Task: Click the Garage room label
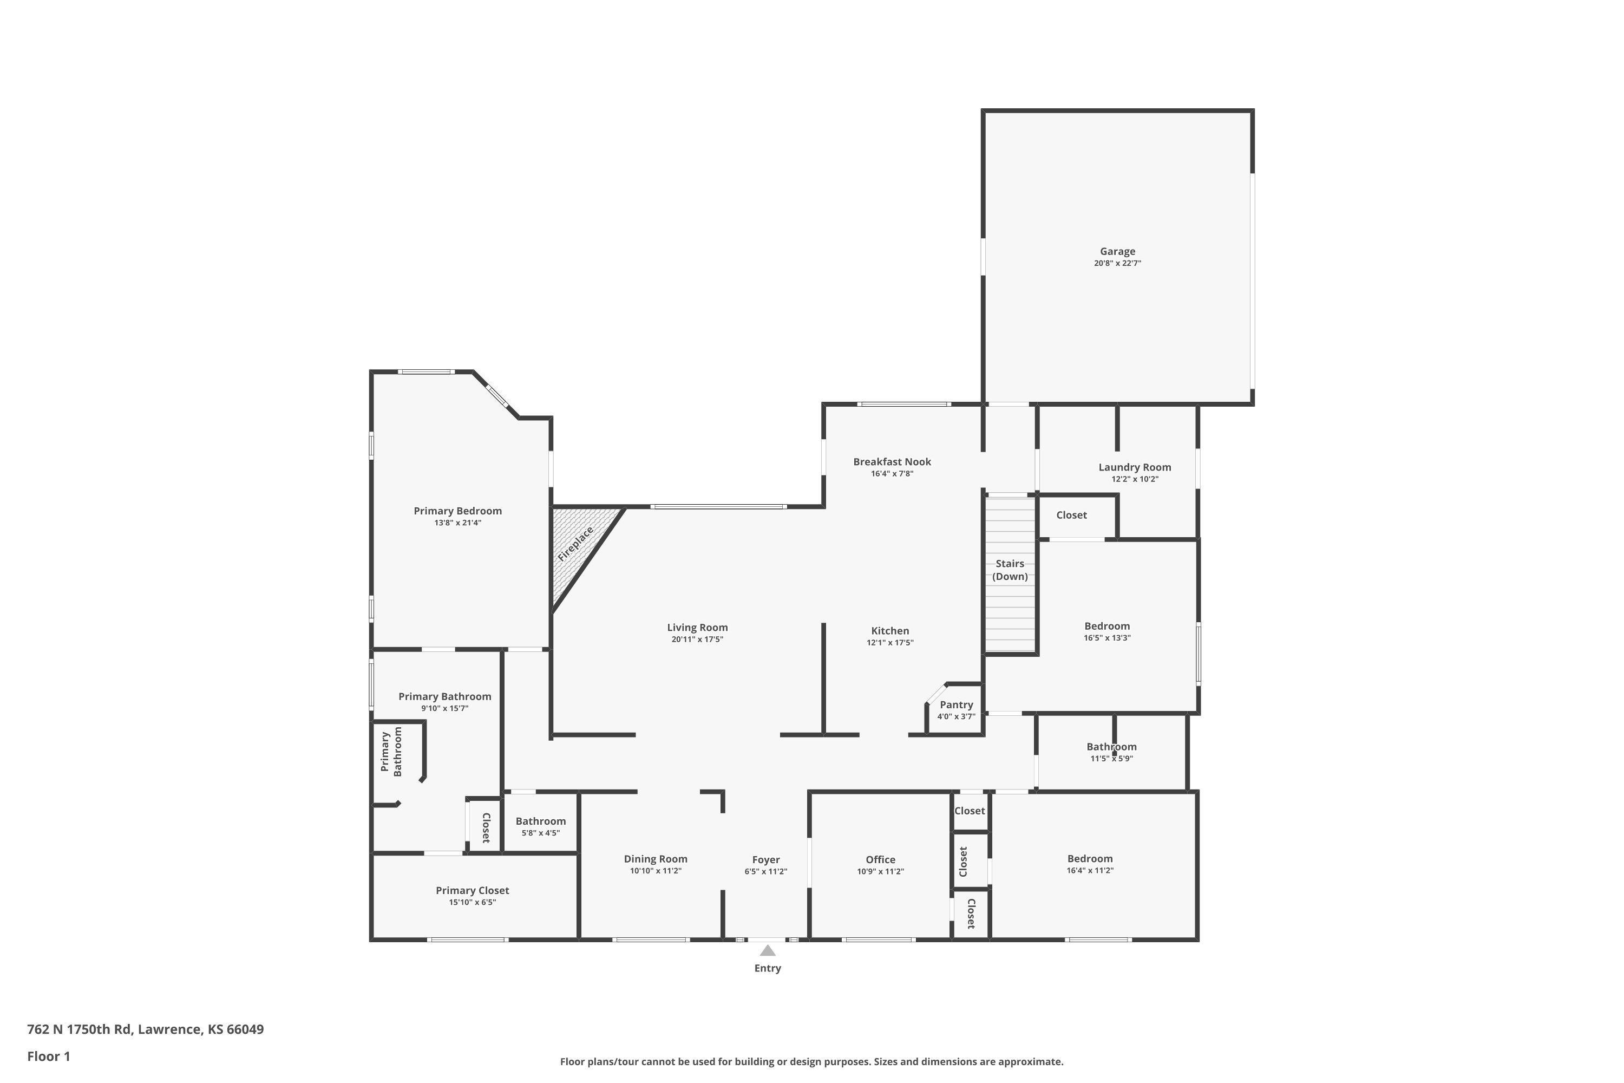[1117, 251]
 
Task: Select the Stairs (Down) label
[1010, 570]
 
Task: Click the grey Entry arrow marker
[767, 950]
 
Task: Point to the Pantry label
[957, 704]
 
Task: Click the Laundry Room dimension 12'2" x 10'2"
[1135, 479]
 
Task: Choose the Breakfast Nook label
[892, 461]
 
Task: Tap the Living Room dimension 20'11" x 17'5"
[697, 640]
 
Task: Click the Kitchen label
[890, 631]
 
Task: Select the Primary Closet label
[472, 890]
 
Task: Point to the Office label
[880, 859]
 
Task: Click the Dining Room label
[655, 858]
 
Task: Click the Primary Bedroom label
[458, 511]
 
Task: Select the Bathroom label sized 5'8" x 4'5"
[541, 820]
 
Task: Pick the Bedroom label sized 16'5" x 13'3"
[1107, 626]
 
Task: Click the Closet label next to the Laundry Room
[1072, 514]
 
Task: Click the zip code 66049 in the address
[245, 1029]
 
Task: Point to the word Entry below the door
[767, 968]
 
